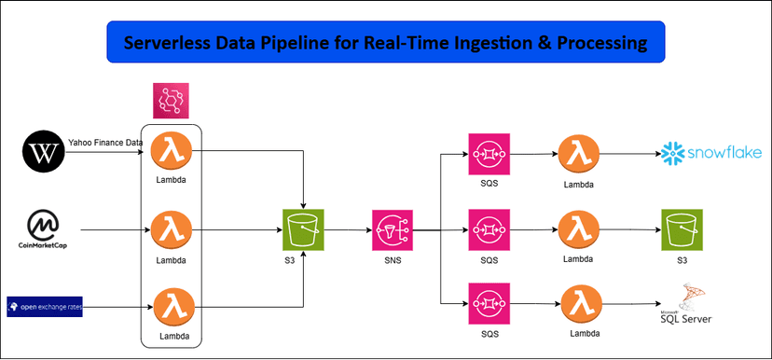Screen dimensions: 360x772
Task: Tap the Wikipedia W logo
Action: point(44,150)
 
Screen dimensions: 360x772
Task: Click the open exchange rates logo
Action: point(44,306)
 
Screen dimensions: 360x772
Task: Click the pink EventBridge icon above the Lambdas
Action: point(171,101)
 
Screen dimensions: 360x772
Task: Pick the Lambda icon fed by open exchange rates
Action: point(171,306)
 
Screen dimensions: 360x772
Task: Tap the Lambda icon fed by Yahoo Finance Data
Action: point(171,149)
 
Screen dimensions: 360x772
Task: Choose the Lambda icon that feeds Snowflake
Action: point(578,151)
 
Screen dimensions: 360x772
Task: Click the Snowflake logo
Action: point(711,152)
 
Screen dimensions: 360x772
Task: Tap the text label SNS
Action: point(392,260)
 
